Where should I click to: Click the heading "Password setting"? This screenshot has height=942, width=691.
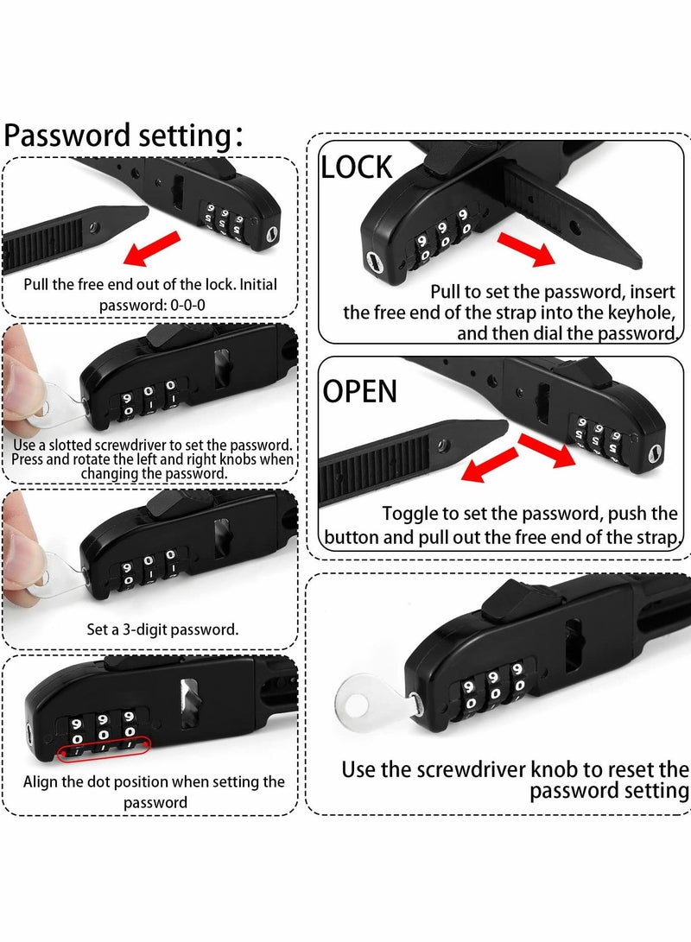(x=115, y=136)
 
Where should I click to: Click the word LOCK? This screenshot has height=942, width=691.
(x=356, y=167)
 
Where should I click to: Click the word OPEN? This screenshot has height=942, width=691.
(x=360, y=391)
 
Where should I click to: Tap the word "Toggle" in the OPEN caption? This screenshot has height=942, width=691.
(x=409, y=514)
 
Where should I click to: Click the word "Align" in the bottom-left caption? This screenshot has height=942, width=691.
(x=41, y=782)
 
